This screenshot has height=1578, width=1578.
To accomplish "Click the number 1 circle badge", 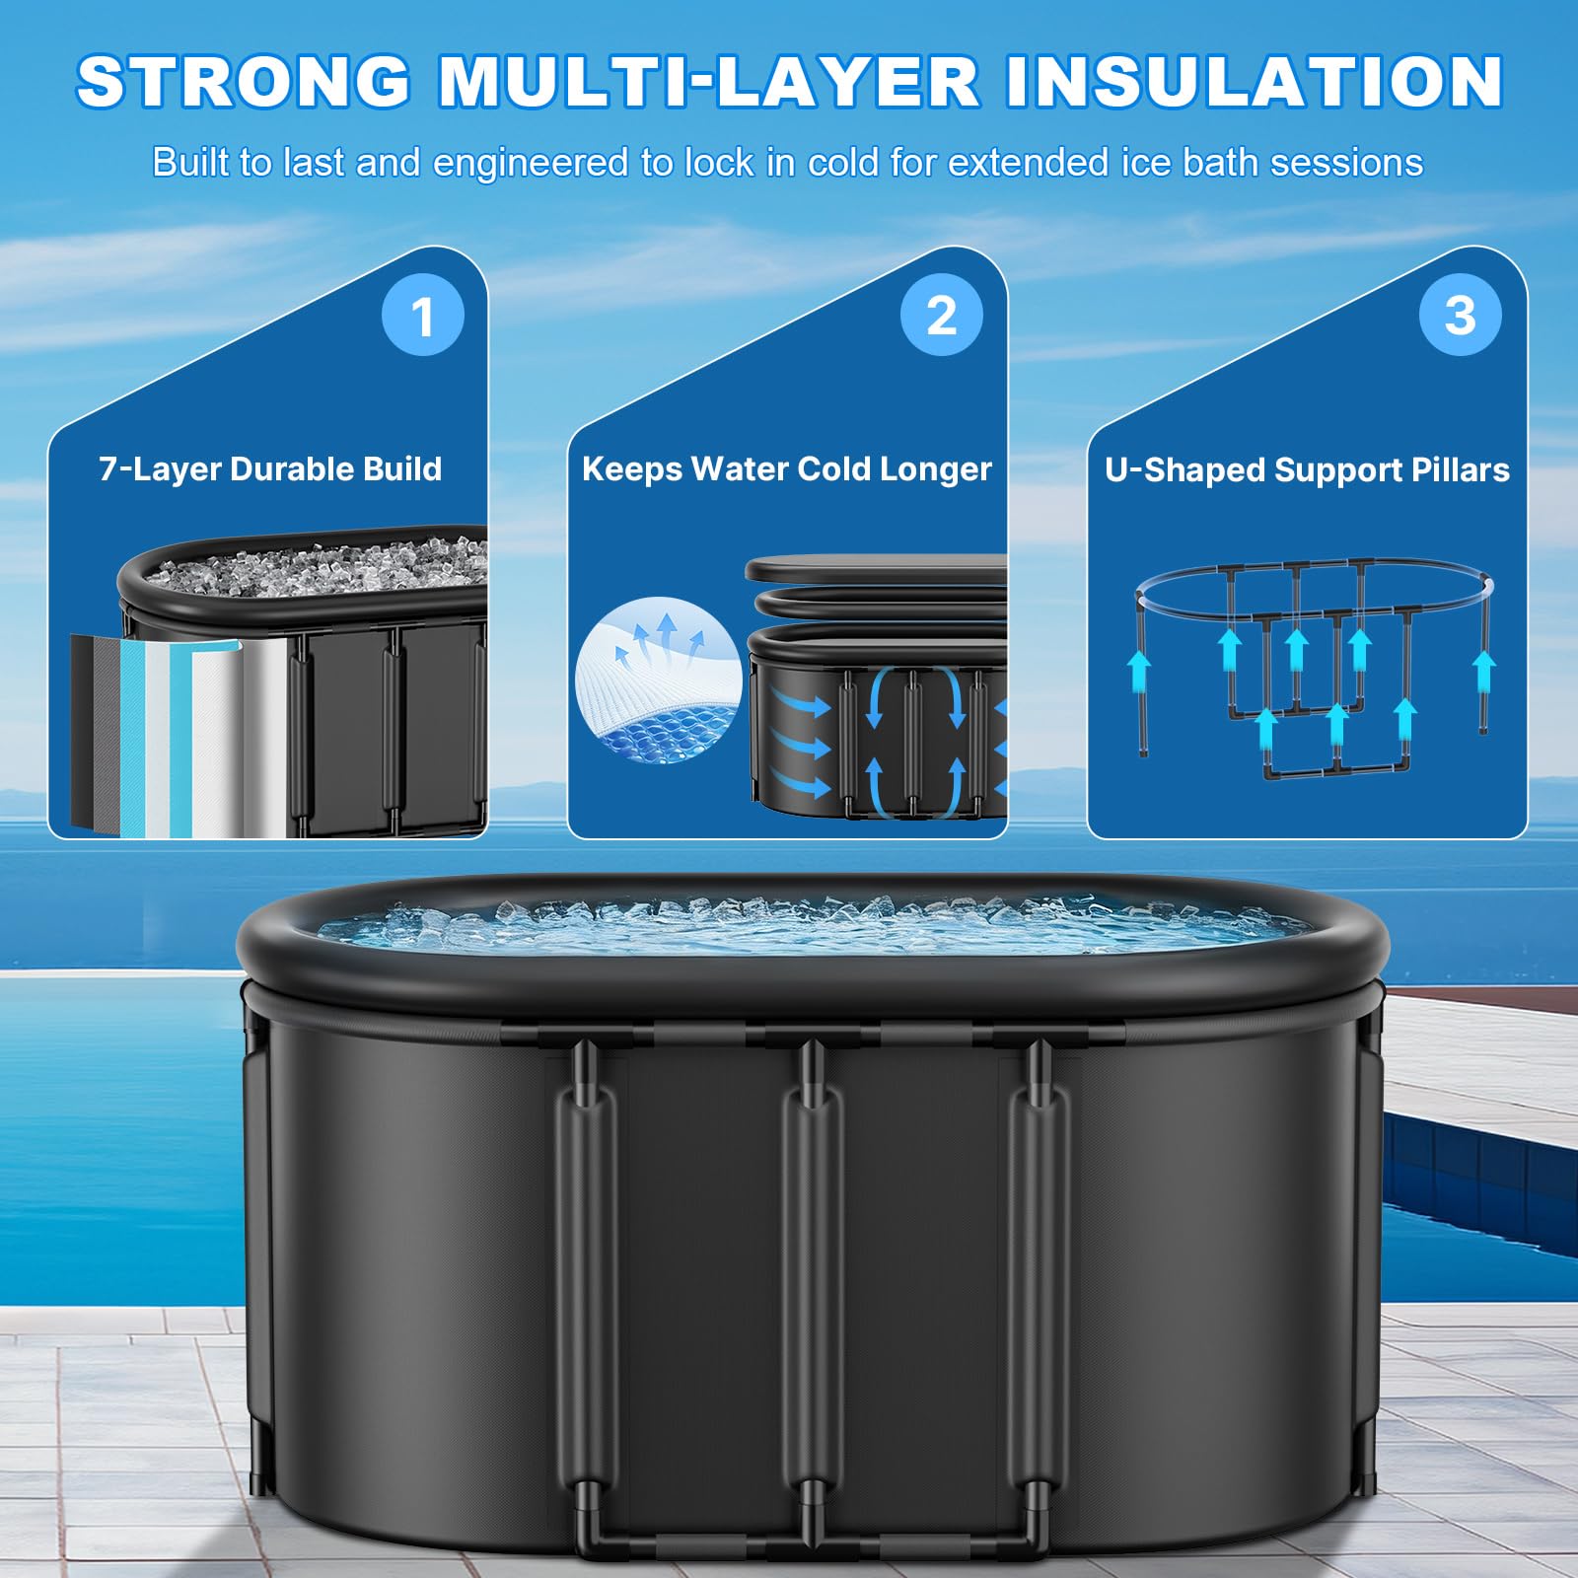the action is (423, 316).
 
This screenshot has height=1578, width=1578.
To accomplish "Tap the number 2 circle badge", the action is (942, 316).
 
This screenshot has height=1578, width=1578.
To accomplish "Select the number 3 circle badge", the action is (1460, 316).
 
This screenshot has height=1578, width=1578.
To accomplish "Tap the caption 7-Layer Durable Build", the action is (270, 468).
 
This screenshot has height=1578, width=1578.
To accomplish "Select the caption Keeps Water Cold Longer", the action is (786, 468).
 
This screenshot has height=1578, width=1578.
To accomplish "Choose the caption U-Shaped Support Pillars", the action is (1307, 469).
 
